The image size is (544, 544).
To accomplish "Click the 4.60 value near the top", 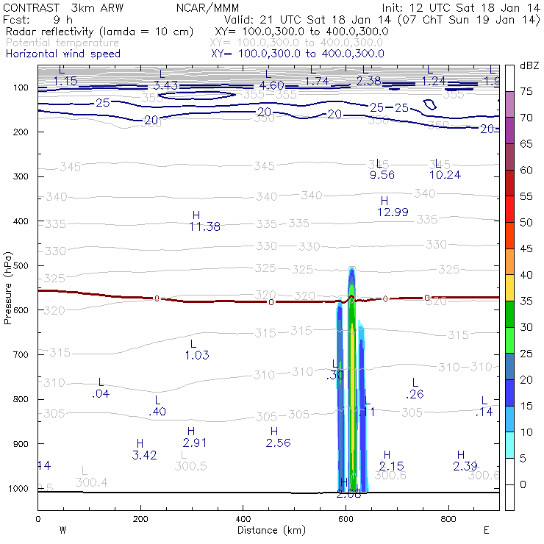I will (272, 85).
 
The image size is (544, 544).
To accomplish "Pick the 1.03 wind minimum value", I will (196, 355).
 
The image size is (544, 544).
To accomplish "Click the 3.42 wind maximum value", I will (144, 455).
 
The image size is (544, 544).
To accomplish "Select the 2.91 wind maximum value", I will (195, 443).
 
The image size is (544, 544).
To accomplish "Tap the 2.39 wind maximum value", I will (465, 466).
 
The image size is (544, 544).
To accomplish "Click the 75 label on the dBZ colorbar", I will (526, 91).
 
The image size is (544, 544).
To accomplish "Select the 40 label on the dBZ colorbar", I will (526, 274).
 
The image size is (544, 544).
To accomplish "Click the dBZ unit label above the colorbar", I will (529, 65).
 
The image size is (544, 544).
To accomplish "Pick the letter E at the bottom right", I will (486, 529).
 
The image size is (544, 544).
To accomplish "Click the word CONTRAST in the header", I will (26, 7).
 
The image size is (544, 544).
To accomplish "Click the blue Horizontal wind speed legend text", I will (63, 54).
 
